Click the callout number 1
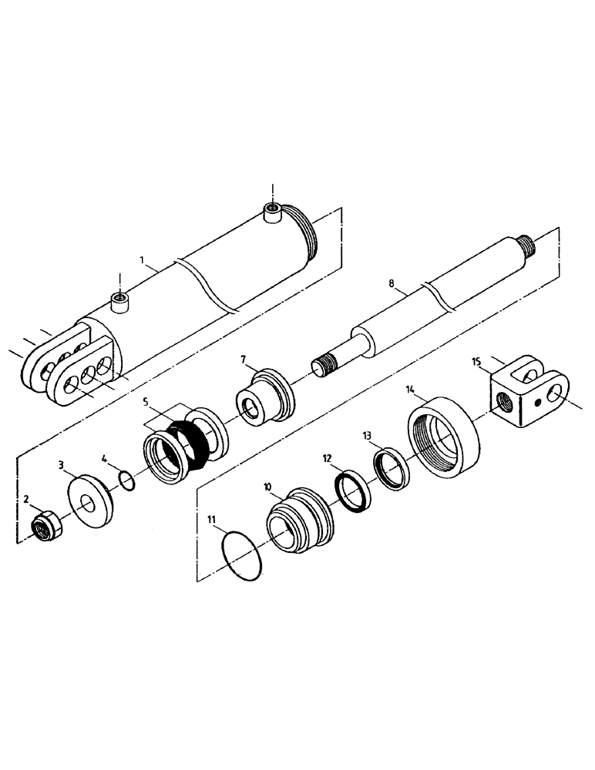[x=143, y=262]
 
